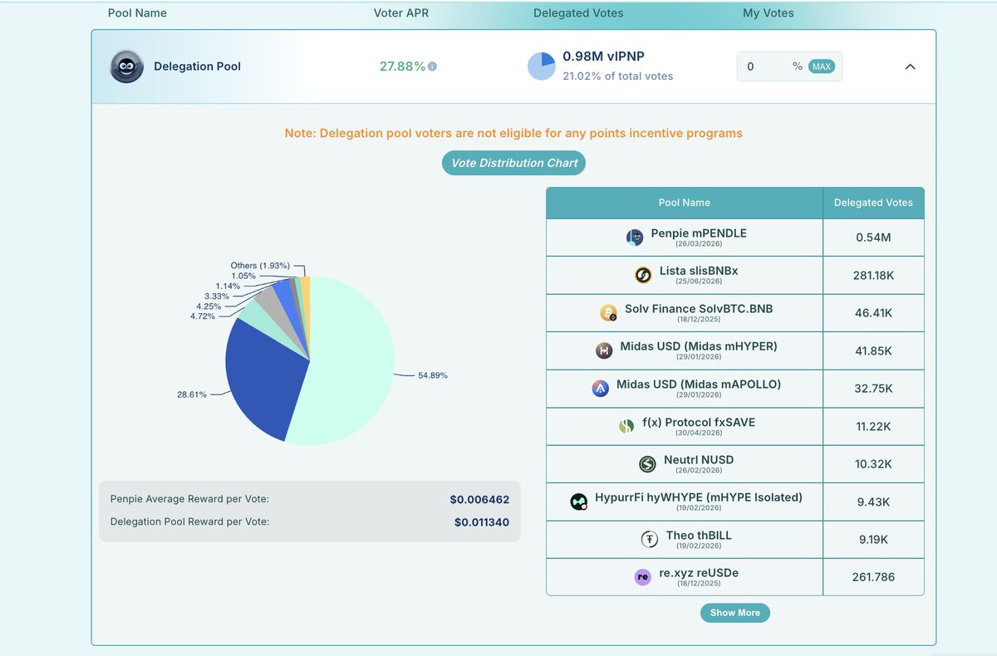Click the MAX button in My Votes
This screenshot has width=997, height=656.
tap(822, 66)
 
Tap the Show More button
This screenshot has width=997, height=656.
tap(734, 613)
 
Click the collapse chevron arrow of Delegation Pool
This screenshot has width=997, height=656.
tap(910, 66)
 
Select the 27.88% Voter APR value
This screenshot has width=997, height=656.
tap(402, 66)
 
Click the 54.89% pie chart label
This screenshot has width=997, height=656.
tap(433, 375)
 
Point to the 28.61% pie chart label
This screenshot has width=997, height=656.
tap(192, 394)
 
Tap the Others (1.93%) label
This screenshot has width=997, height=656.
tap(260, 266)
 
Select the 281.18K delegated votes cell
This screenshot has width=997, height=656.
tap(872, 275)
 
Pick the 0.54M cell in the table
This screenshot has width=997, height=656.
tap(872, 237)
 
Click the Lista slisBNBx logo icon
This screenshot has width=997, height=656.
tap(642, 275)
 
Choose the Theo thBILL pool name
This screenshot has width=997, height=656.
tap(698, 536)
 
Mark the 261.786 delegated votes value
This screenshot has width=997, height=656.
tap(872, 576)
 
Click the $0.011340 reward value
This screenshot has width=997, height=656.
tap(481, 522)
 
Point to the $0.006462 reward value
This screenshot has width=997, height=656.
tap(479, 500)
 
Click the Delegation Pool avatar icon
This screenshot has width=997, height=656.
tap(127, 66)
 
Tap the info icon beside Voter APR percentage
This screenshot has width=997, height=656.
tap(432, 66)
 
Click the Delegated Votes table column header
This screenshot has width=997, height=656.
tap(872, 203)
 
